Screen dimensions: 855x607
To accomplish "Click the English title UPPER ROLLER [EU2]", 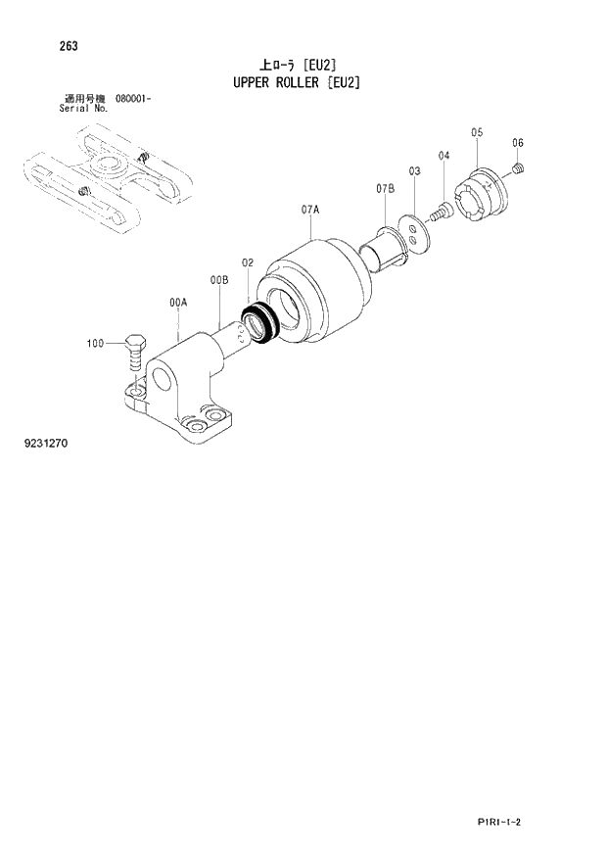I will pos(296,82).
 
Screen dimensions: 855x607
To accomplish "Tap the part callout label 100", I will pos(95,343).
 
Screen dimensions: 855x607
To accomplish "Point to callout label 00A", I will pos(177,305).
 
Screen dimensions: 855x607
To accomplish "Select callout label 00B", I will pos(218,280).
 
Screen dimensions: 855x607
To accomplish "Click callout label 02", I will pos(248,262).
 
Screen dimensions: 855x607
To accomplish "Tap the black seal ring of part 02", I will pos(259,323).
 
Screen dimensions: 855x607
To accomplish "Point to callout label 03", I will pos(414,171).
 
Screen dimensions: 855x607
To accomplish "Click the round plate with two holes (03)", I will pos(418,236).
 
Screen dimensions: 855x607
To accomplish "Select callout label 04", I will pos(444,156).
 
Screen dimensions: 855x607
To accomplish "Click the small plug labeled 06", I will pos(520,171).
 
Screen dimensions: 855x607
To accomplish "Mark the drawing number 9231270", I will pos(46,444).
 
